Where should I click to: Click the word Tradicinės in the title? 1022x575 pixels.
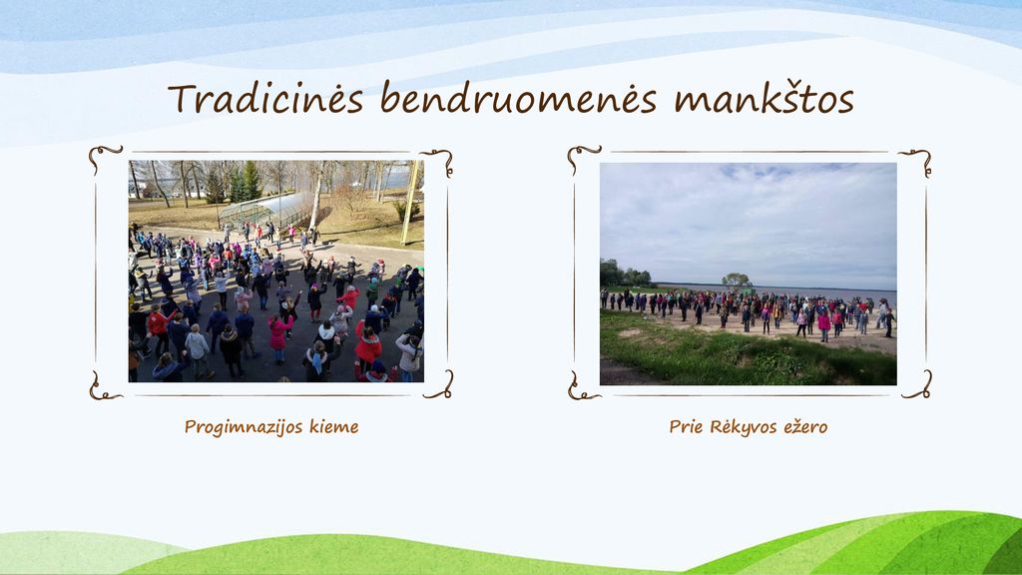click(265, 99)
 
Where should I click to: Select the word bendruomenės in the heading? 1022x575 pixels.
click(518, 99)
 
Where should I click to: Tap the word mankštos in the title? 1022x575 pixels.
click(764, 99)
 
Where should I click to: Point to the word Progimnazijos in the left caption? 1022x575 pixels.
click(244, 427)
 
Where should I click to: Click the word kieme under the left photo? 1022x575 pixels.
click(333, 427)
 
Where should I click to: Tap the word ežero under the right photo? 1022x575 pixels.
click(805, 427)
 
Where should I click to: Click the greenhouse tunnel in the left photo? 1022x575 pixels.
click(260, 208)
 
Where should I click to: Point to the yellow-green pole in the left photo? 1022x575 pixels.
click(410, 203)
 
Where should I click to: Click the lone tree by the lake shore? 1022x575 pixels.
click(736, 281)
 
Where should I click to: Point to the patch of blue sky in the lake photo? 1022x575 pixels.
click(757, 172)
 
